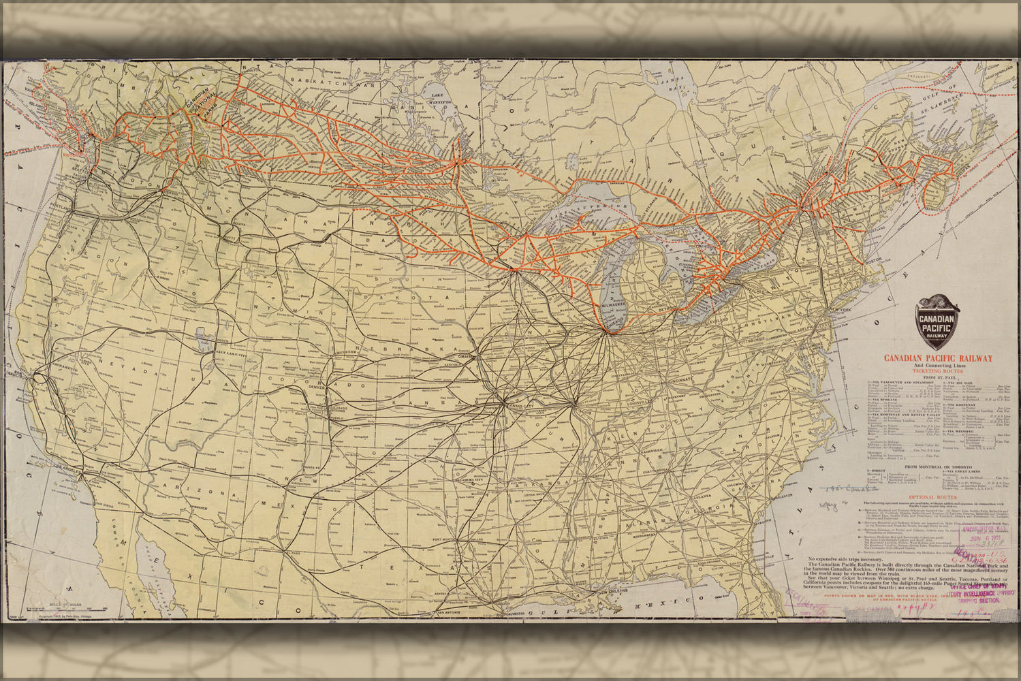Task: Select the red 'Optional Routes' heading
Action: (x=937, y=497)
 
